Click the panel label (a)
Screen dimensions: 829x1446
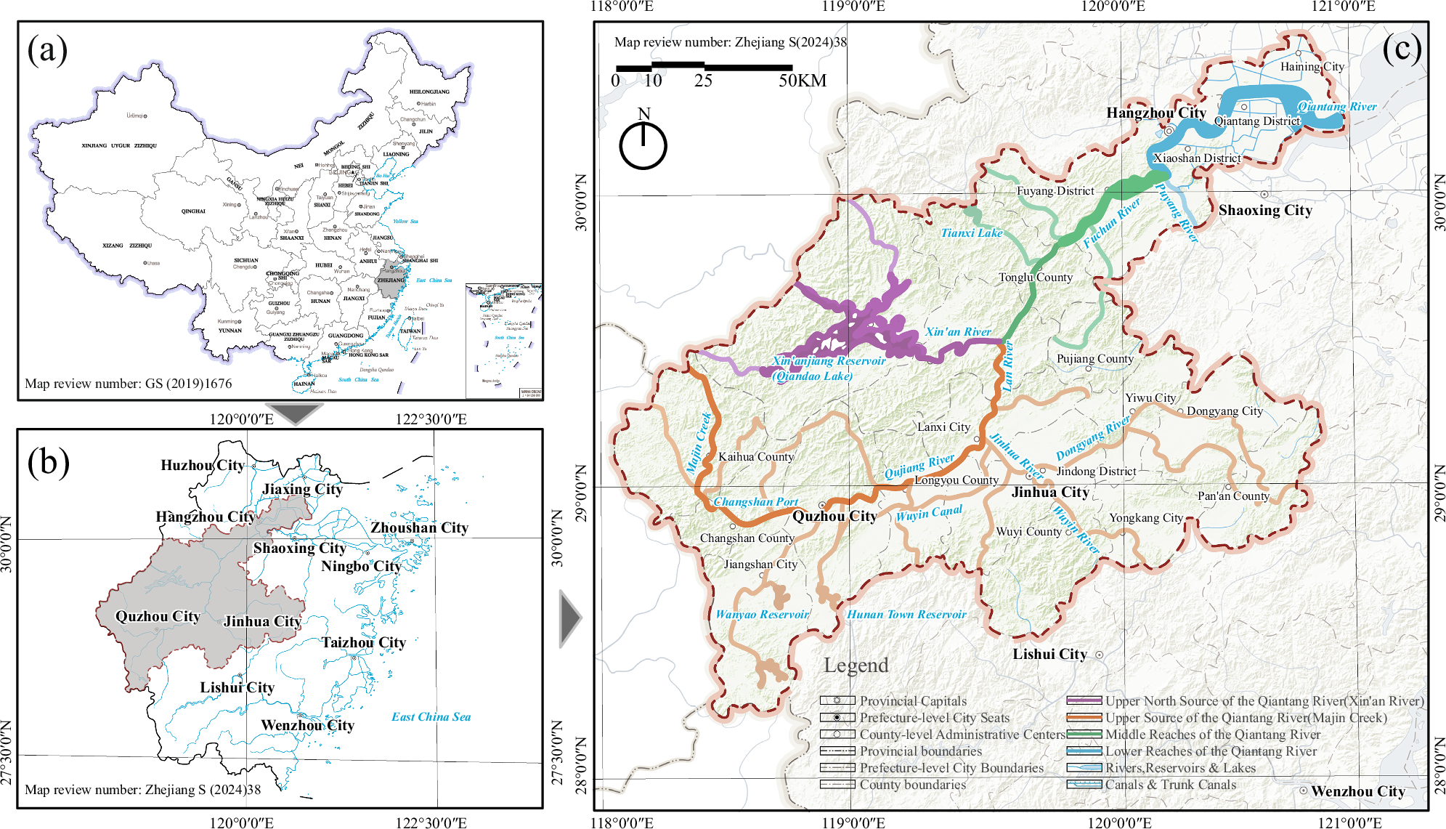pyautogui.click(x=47, y=50)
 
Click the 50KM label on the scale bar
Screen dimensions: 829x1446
pyautogui.click(x=802, y=81)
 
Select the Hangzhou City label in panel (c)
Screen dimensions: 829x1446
pyautogui.click(x=1155, y=113)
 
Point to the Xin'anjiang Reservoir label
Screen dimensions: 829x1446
pyautogui.click(x=829, y=360)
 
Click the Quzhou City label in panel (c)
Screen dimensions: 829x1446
pyautogui.click(x=834, y=516)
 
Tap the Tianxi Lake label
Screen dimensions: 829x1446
pyautogui.click(x=971, y=232)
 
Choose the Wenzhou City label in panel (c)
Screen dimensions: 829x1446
pyautogui.click(x=1357, y=791)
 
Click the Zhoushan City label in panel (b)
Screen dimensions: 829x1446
pyautogui.click(x=419, y=527)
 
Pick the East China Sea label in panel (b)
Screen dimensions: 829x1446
pyautogui.click(x=431, y=716)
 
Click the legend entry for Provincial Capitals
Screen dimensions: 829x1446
pyautogui.click(x=912, y=701)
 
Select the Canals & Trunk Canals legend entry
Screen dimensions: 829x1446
pyautogui.click(x=1169, y=785)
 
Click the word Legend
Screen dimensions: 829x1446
pyautogui.click(x=856, y=665)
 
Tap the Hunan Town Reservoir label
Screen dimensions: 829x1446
pyautogui.click(x=906, y=614)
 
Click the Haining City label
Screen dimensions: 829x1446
pyautogui.click(x=1312, y=67)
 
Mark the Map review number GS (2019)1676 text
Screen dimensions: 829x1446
pyautogui.click(x=129, y=384)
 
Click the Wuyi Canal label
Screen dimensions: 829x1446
pyautogui.click(x=928, y=513)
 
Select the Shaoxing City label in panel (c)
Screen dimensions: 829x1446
pyautogui.click(x=1264, y=210)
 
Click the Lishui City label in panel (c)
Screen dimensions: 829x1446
pyautogui.click(x=1049, y=654)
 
